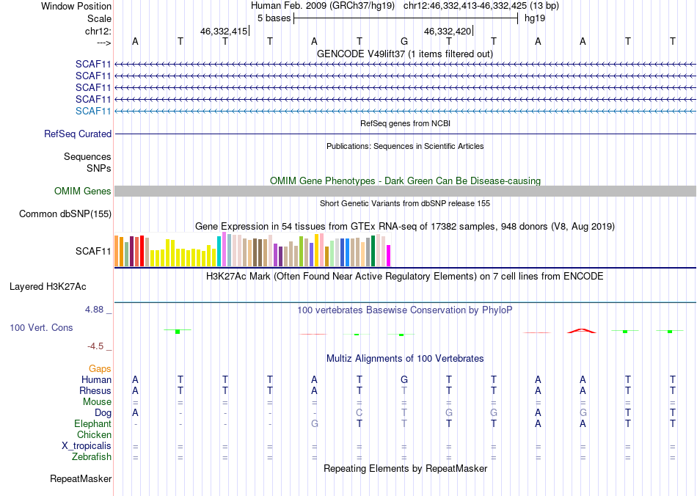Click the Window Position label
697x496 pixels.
click(76, 6)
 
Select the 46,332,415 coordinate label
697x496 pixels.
click(224, 32)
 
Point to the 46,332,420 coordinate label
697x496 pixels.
click(448, 32)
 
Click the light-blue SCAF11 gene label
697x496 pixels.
click(93, 111)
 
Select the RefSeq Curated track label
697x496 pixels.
click(78, 134)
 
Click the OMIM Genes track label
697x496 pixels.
click(83, 191)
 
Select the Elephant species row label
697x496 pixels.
click(92, 424)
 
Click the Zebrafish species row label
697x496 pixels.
click(91, 457)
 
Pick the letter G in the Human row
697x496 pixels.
click(404, 380)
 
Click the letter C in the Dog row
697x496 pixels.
click(359, 413)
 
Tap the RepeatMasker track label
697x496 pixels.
click(81, 479)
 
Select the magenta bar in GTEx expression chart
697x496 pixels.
click(388, 256)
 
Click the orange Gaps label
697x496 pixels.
click(101, 368)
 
